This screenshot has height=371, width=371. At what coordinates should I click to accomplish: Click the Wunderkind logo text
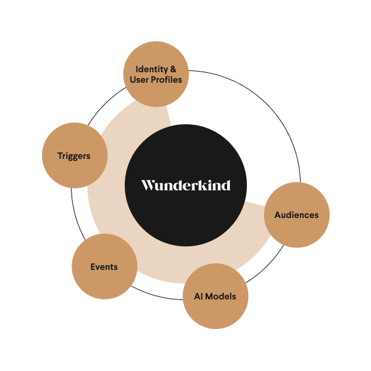186,185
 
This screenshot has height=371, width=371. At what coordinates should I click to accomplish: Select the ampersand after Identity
173,69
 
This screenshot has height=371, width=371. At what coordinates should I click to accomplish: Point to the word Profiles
166,79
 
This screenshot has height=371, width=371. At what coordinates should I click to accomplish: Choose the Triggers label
74,156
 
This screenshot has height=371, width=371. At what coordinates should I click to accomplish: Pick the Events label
104,267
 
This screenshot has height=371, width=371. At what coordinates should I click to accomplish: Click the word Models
221,296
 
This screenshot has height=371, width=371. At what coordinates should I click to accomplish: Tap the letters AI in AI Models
198,296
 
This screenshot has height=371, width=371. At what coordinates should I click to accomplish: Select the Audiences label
296,215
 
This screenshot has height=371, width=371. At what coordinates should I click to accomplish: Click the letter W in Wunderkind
149,185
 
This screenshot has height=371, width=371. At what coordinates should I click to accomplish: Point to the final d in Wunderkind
226,185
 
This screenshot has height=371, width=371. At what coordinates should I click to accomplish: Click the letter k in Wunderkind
204,185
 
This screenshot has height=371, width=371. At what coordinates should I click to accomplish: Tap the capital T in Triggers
60,156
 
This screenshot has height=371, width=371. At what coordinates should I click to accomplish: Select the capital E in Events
93,267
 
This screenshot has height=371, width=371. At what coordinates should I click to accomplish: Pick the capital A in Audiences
278,215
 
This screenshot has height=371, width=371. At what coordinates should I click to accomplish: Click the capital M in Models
209,296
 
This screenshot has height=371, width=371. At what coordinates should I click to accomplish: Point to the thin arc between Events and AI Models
156,295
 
